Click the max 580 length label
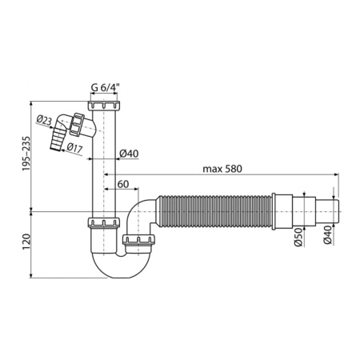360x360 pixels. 222,169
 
